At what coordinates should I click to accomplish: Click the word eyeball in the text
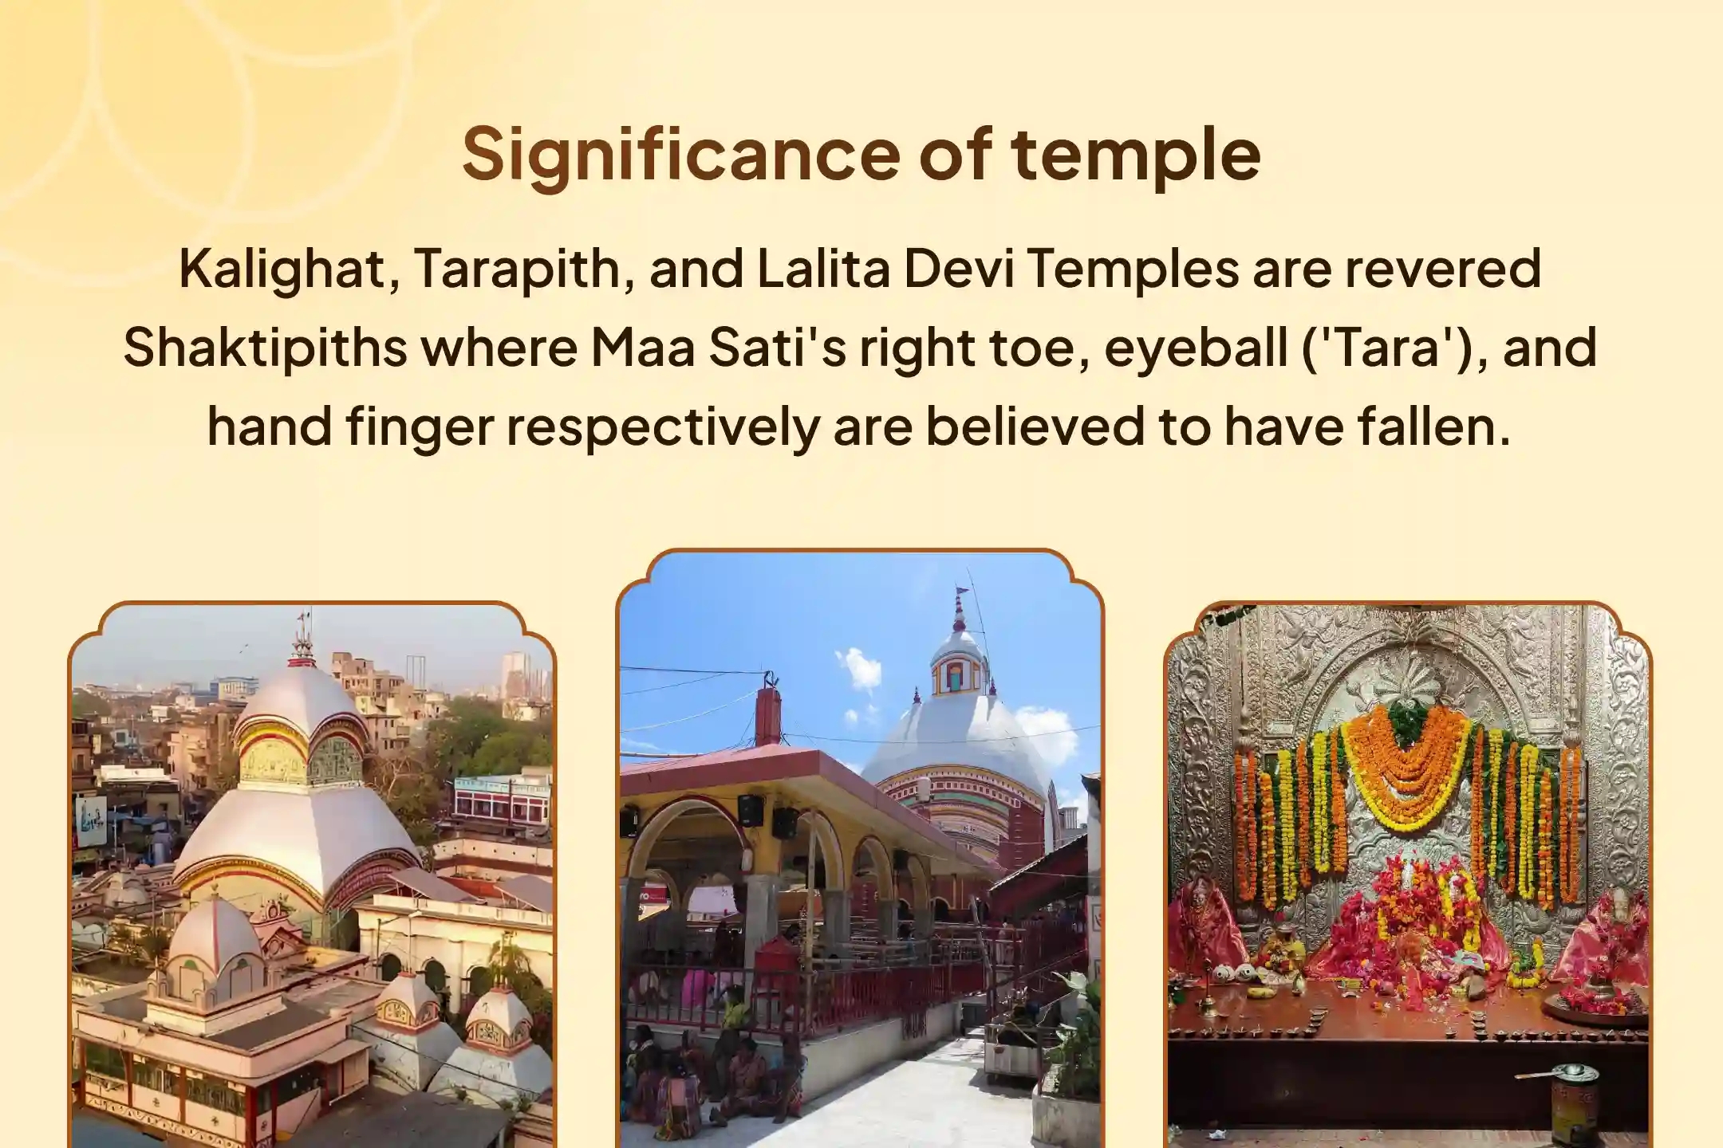pos(1193,348)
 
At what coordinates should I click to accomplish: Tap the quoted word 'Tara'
pos(1392,348)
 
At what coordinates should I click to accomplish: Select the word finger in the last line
pos(419,427)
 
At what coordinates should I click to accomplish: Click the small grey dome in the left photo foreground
pos(215,937)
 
